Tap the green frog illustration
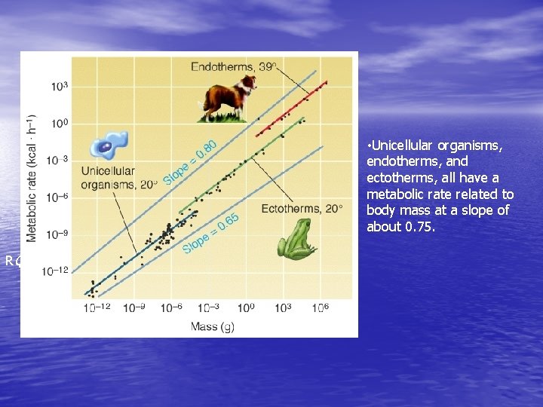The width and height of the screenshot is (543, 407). pyautogui.click(x=296, y=240)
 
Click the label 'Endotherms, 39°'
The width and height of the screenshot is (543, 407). pyautogui.click(x=233, y=66)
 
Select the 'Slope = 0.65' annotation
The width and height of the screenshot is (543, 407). pyautogui.click(x=210, y=233)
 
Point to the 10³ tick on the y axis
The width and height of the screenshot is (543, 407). pyautogui.click(x=60, y=87)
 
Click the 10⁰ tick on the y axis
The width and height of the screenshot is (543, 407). pyautogui.click(x=60, y=123)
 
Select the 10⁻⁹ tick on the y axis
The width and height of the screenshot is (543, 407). pyautogui.click(x=60, y=234)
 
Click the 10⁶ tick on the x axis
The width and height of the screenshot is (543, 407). pyautogui.click(x=321, y=308)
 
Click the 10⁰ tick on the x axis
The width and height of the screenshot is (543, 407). pyautogui.click(x=246, y=308)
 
